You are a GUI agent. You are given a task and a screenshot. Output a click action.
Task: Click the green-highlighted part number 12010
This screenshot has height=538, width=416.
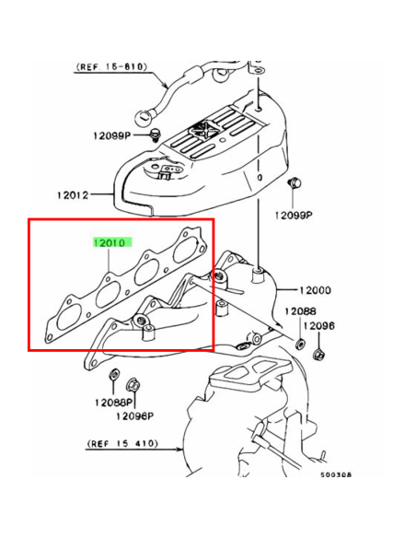(x=112, y=242)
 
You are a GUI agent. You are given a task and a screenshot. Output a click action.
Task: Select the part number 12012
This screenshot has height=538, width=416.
(x=73, y=195)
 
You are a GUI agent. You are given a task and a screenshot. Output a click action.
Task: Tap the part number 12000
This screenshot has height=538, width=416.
(x=316, y=290)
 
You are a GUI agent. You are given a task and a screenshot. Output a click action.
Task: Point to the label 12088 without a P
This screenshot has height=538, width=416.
(x=300, y=311)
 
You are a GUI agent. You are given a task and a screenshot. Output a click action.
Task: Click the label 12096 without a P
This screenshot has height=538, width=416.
(x=318, y=325)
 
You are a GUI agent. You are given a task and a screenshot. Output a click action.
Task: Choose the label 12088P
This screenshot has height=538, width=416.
(x=113, y=402)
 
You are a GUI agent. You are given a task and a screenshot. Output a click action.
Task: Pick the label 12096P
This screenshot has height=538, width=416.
(x=134, y=416)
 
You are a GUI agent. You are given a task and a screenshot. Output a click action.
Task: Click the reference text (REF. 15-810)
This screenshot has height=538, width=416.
(x=111, y=66)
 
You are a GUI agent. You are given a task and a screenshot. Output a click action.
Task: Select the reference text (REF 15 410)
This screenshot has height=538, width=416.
(x=122, y=443)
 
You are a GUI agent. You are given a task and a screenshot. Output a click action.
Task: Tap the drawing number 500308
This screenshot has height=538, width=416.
(x=336, y=474)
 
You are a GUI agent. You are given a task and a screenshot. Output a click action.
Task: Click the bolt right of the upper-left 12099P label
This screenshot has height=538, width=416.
(x=156, y=134)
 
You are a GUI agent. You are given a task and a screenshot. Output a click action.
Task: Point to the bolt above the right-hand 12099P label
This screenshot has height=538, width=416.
(x=295, y=183)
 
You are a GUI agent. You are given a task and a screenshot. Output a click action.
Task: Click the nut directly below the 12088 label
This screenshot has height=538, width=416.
(x=300, y=343)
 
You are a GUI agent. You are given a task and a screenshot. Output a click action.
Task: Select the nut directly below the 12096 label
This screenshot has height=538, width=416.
(x=318, y=354)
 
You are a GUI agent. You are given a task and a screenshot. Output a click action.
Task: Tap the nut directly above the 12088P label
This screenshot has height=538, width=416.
(x=114, y=374)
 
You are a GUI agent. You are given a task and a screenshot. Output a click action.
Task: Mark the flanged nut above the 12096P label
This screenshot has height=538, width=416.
(x=133, y=385)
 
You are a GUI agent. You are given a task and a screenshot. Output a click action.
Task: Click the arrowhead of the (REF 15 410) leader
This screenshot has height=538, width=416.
(x=179, y=449)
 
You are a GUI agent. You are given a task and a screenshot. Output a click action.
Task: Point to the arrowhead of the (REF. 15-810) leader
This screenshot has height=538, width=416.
(x=166, y=85)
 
